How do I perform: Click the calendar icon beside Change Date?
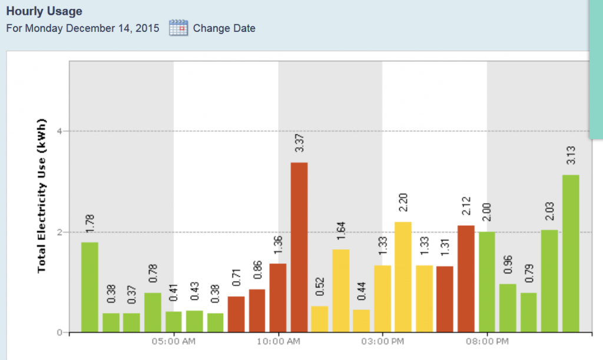pyautogui.click(x=178, y=28)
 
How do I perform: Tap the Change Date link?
pyautogui.click(x=224, y=28)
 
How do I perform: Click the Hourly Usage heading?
pyautogui.click(x=44, y=11)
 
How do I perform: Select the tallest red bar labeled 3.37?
pyautogui.click(x=299, y=247)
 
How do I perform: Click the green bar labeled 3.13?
pyautogui.click(x=571, y=253)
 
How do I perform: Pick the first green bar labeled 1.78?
pyautogui.click(x=90, y=288)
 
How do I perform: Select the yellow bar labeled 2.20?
pyautogui.click(x=403, y=277)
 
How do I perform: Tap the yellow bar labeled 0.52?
pyautogui.click(x=320, y=319)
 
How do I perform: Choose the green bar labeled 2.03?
pyautogui.click(x=549, y=281)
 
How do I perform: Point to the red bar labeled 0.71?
pyautogui.click(x=236, y=314)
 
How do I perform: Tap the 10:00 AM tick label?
pyautogui.click(x=278, y=342)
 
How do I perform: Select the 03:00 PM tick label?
pyautogui.click(x=382, y=342)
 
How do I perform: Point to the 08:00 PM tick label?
pyautogui.click(x=487, y=342)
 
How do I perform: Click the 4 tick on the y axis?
pyautogui.click(x=59, y=131)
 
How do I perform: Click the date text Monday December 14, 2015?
pyautogui.click(x=92, y=28)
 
